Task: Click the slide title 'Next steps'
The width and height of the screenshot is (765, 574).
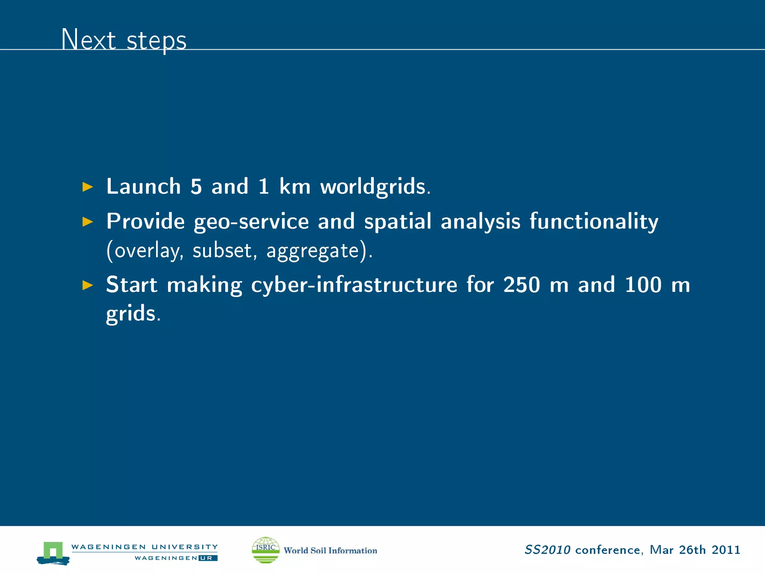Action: (x=124, y=40)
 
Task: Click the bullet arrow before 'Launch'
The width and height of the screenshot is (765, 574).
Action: (x=87, y=187)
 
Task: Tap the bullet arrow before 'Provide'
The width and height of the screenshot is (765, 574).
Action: (x=87, y=222)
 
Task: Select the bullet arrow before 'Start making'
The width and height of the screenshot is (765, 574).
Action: (x=87, y=285)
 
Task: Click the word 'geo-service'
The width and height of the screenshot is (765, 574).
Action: (x=251, y=221)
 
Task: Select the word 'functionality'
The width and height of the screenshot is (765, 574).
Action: (x=594, y=221)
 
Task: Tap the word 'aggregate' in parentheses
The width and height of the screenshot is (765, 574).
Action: (x=312, y=250)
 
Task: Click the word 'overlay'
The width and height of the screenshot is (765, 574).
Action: (x=147, y=250)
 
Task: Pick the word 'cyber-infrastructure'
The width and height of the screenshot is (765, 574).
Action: (x=354, y=285)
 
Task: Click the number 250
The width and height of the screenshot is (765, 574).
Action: (x=521, y=285)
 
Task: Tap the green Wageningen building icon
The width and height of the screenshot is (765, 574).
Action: (x=53, y=552)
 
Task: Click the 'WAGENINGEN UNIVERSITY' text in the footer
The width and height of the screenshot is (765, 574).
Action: (x=144, y=547)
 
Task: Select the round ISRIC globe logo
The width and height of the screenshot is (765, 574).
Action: (x=266, y=550)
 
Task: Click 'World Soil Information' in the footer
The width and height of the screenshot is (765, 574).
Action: (x=330, y=550)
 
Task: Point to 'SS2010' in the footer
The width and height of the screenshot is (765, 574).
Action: (x=547, y=550)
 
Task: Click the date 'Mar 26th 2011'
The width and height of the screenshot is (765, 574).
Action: (x=695, y=550)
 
